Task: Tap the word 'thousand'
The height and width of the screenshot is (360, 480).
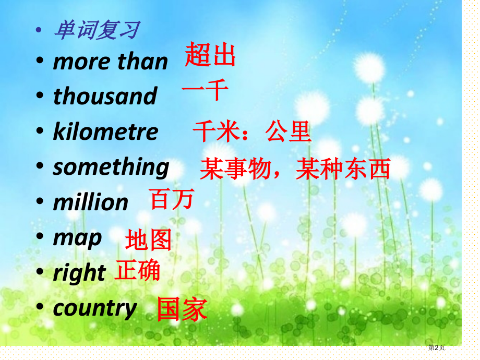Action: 105,96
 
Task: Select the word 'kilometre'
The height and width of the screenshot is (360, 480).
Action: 105,131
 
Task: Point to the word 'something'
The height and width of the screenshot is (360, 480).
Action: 111,167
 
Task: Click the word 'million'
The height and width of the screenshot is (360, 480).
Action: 91,202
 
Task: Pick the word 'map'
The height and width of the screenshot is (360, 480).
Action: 77,238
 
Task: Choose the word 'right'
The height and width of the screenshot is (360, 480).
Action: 79,272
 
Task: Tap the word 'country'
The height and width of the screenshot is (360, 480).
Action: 95,308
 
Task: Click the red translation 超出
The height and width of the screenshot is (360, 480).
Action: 210,54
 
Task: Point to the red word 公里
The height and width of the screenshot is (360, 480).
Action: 288,131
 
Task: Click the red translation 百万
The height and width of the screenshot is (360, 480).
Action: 172,199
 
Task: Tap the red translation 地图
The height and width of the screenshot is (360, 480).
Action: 148,240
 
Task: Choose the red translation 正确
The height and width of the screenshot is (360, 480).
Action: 137,270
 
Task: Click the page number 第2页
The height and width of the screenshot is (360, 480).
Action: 436,347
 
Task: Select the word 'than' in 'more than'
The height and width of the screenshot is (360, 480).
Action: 142,62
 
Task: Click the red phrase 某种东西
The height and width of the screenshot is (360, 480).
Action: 343,169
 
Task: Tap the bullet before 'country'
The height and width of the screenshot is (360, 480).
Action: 40,306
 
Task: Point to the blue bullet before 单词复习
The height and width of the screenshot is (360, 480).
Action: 39,30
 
